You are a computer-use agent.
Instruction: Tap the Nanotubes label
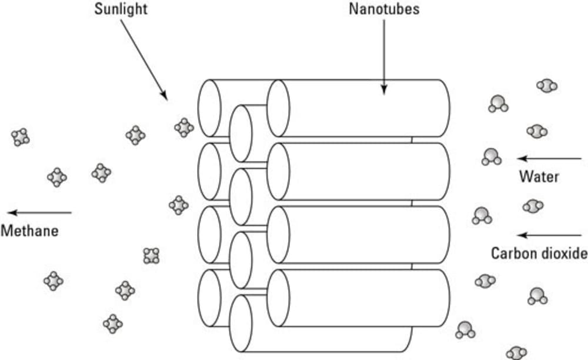pos(384,9)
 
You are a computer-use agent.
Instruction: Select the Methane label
pos(29,231)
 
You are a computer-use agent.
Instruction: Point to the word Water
pos(539,176)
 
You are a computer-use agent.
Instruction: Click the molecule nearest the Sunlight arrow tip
pos(184,127)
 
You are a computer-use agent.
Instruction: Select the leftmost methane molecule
pos(20,137)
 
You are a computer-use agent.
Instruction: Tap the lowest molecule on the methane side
pos(112,323)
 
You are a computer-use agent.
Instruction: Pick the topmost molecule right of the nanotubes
pos(547,86)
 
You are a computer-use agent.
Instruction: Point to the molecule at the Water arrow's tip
pos(492,157)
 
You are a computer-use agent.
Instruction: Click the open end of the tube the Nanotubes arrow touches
pos(278,108)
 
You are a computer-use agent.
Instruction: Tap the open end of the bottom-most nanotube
pos(240,323)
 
